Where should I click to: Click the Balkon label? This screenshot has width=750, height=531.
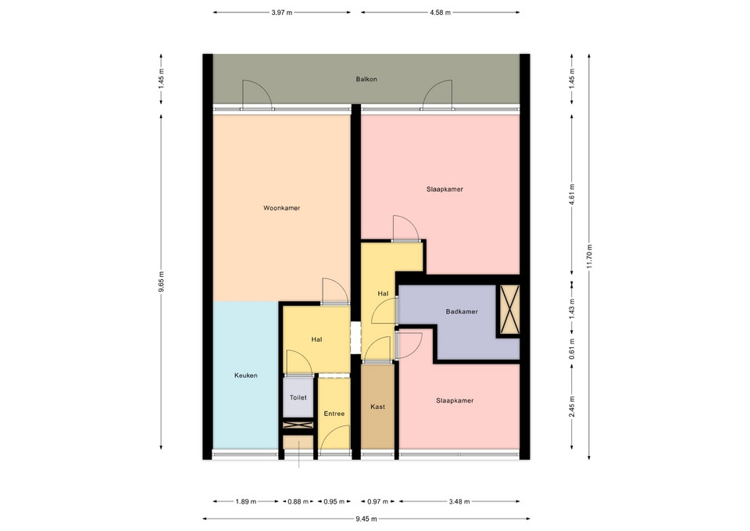366,79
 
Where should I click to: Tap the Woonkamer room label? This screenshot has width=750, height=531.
282,208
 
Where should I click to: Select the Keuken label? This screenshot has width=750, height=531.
246,375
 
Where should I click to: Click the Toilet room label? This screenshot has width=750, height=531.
298,397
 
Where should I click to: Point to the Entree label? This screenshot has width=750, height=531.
334,414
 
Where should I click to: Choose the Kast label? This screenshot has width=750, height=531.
378,407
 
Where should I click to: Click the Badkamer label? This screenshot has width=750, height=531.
462,312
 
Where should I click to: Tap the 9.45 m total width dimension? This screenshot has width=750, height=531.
366,518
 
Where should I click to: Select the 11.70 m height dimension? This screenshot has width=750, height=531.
589,257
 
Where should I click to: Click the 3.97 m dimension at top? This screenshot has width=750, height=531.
282,13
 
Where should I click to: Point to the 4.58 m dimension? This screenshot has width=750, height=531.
440,13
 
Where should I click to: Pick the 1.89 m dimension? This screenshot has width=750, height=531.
246,502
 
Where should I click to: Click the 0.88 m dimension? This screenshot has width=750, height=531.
298,502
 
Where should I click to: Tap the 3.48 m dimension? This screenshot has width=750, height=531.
459,502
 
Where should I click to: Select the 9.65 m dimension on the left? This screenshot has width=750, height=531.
161,282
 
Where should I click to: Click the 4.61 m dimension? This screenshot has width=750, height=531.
572,195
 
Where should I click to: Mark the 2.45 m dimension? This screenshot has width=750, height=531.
572,407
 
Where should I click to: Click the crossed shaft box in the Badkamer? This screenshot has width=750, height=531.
510,310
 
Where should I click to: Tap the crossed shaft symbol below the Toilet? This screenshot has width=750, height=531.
298,425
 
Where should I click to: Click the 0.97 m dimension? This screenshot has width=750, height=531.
378,502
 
